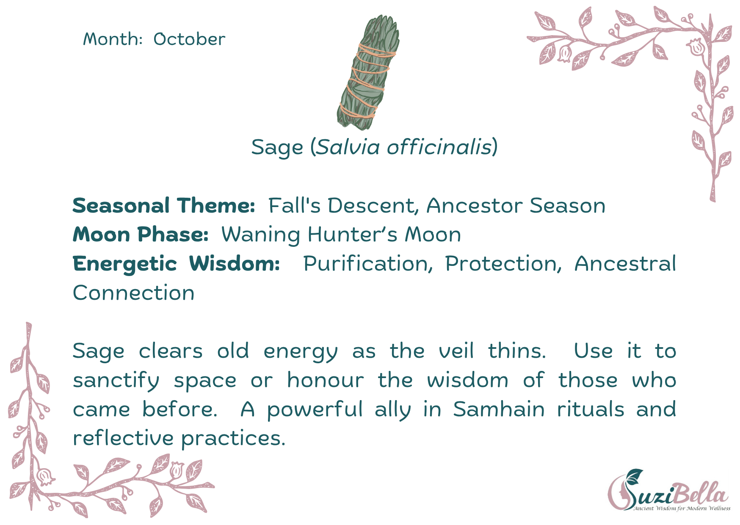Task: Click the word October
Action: click(x=189, y=39)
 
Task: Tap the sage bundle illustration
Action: click(x=368, y=72)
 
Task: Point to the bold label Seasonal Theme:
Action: click(x=164, y=206)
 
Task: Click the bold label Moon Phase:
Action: click(x=141, y=235)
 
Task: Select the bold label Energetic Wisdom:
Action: click(x=176, y=264)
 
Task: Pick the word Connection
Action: click(x=134, y=293)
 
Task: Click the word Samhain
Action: click(x=499, y=409)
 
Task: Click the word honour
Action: click(x=326, y=380)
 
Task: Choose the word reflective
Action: click(x=123, y=438)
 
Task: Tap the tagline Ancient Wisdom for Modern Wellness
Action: click(x=682, y=508)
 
